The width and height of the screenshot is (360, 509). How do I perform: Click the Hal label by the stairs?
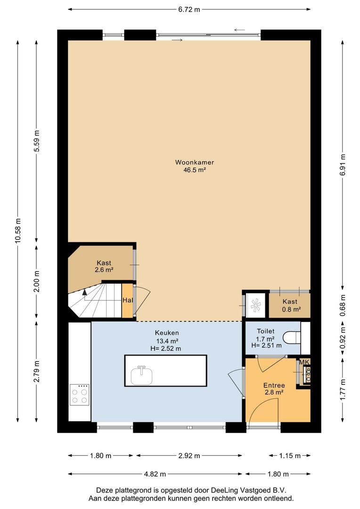[x=127, y=300]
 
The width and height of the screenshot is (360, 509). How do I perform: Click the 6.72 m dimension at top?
[x=188, y=9]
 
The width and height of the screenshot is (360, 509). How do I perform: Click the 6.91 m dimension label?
[x=343, y=164]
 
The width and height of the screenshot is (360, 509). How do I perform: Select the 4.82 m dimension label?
[x=155, y=474]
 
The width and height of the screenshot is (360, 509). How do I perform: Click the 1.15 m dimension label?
[x=290, y=456]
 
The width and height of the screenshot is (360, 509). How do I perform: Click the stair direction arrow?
[x=85, y=293]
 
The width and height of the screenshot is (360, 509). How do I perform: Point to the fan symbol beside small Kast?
[x=256, y=305]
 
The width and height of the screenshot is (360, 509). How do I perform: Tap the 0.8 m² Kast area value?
[x=289, y=310]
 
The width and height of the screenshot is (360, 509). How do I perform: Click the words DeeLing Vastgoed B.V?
[x=242, y=490]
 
